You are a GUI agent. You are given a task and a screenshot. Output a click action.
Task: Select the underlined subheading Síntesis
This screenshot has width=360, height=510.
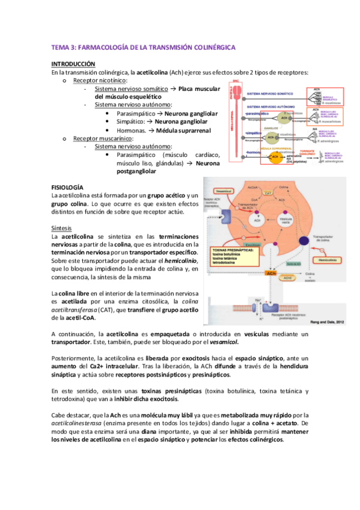pyautogui.click(x=63, y=229)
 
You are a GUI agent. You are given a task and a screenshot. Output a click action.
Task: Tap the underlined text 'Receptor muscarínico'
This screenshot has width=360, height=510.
pyautogui.click(x=103, y=138)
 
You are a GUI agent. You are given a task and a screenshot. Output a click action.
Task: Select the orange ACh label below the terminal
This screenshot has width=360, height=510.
pyautogui.click(x=271, y=273)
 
